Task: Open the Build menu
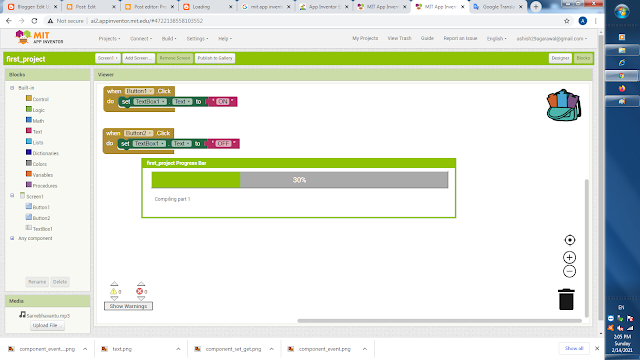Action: [x=169, y=38]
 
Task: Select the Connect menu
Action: [x=141, y=38]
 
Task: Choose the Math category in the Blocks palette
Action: [x=38, y=121]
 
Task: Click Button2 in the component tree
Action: [x=41, y=218]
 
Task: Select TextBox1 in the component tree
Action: [x=42, y=229]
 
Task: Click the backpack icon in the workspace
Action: [x=563, y=104]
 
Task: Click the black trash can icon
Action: [x=567, y=298]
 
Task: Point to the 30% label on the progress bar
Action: [x=299, y=180]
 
